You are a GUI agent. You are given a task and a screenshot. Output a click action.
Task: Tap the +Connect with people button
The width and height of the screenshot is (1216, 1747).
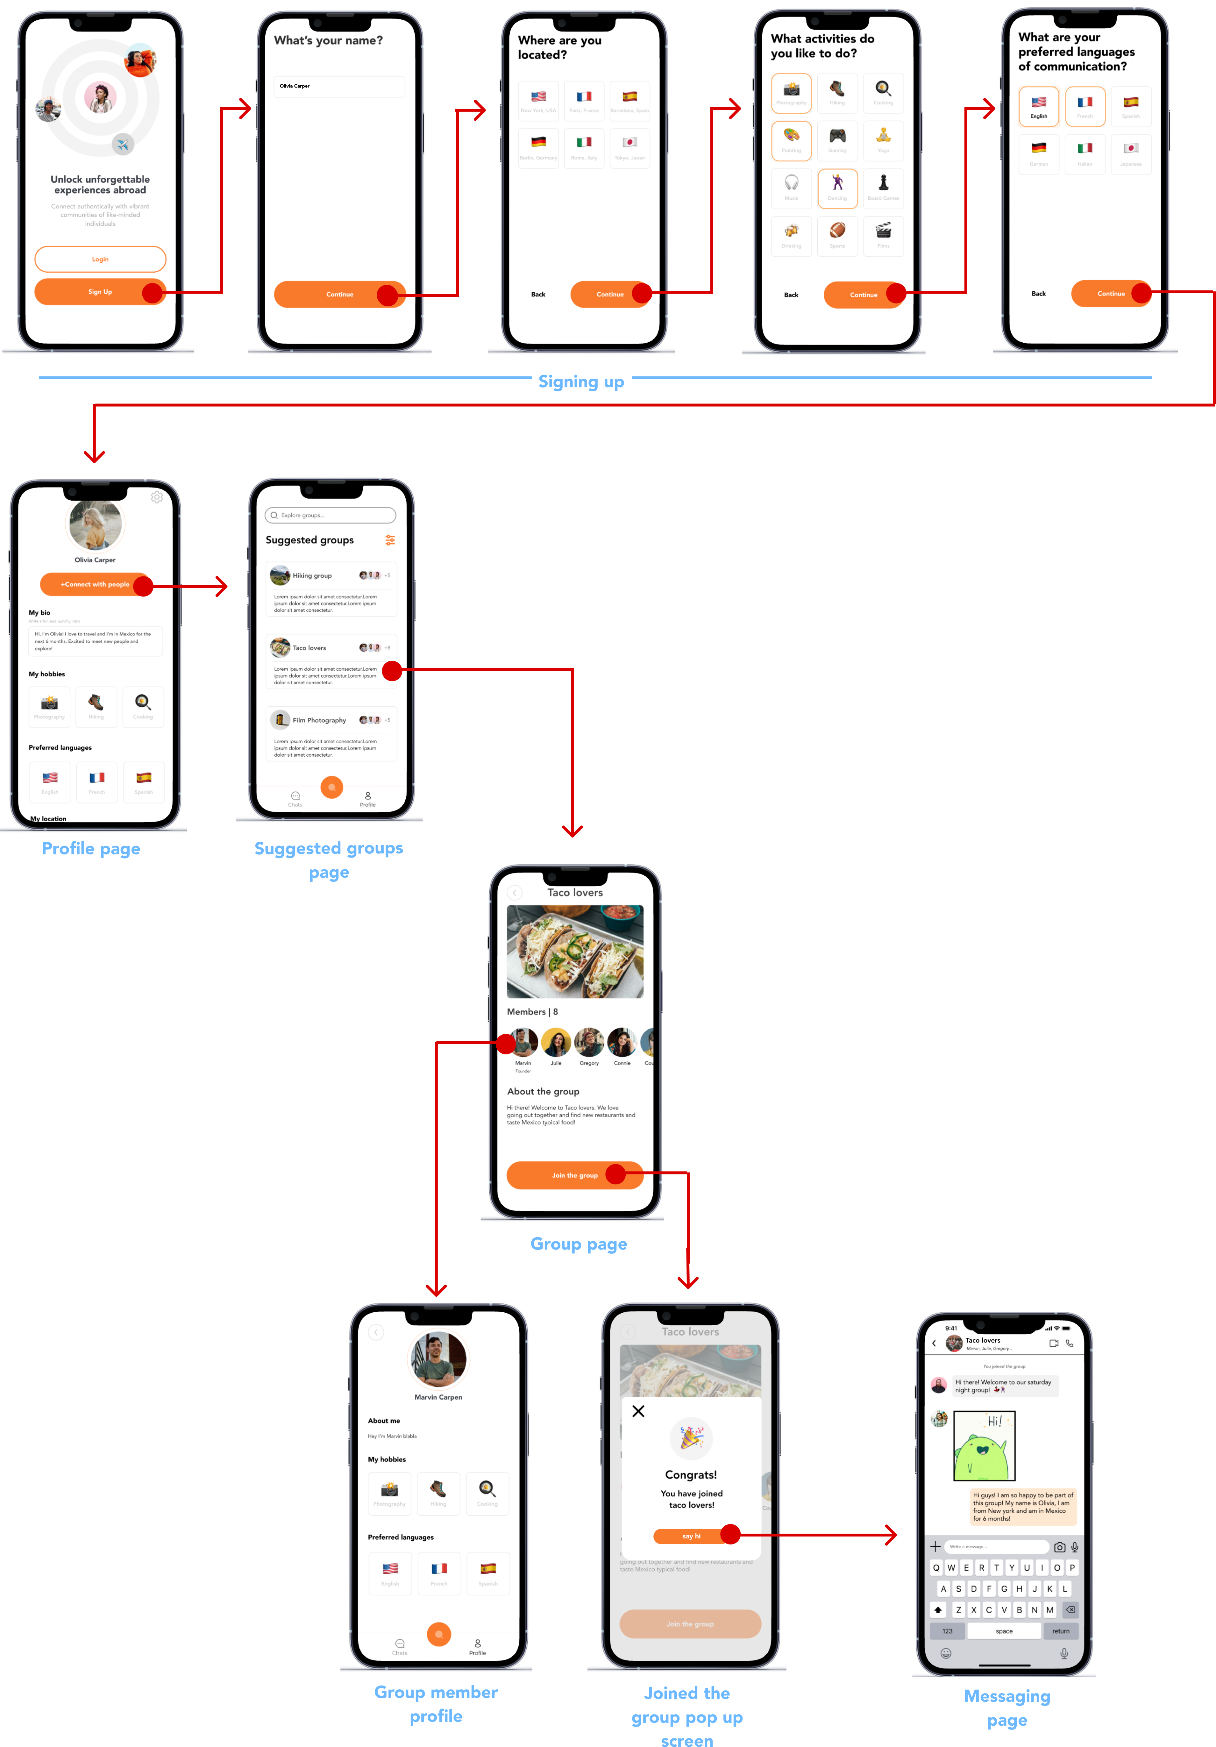(95, 584)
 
